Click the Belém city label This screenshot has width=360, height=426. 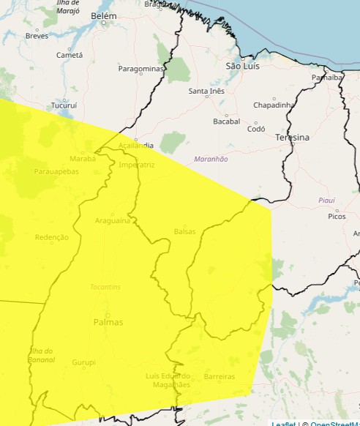102,15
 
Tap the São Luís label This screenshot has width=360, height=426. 243,66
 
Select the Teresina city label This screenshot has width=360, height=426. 292,137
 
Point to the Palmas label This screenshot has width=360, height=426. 108,322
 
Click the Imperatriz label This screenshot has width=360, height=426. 137,165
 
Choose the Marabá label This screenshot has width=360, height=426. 83,158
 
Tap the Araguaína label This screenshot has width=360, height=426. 113,220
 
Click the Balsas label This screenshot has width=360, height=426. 184,231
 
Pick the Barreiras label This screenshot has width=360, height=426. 220,377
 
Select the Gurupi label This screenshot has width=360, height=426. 83,362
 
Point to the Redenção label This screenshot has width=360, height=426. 51,237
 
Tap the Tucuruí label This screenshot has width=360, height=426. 64,105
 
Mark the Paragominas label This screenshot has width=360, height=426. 141,69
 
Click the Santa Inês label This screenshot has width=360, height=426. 206,91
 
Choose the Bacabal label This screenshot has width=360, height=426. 226,121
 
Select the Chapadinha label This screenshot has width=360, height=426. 274,105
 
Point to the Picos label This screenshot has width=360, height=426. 337,216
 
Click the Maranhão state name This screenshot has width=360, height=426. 211,159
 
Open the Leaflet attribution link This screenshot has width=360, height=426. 284,423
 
